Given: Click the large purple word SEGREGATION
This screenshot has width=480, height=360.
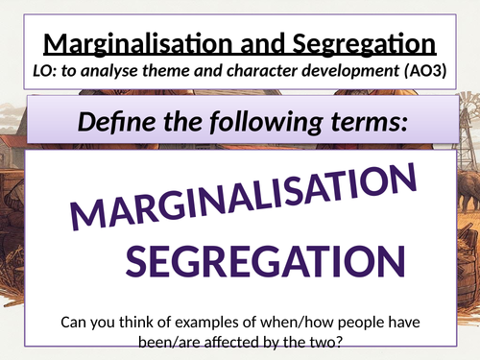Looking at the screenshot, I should point(259,262).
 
